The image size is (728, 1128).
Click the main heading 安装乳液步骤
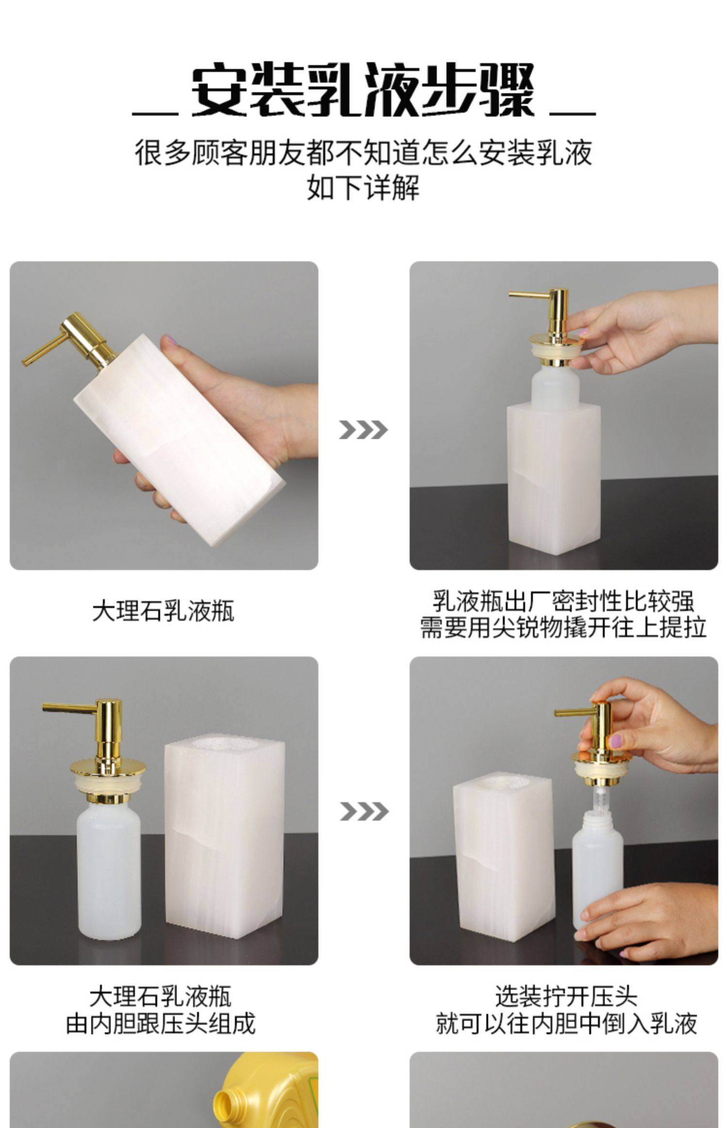point(363,90)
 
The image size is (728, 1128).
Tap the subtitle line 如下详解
point(363,188)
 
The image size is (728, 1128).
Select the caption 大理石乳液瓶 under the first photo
point(164,611)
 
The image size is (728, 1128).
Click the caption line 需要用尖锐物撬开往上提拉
point(563,627)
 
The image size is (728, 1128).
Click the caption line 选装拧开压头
point(566,996)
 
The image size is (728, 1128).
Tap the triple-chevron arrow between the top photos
point(363,430)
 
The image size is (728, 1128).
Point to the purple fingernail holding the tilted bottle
point(168,340)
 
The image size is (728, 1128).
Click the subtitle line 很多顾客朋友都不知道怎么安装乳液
point(363,153)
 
